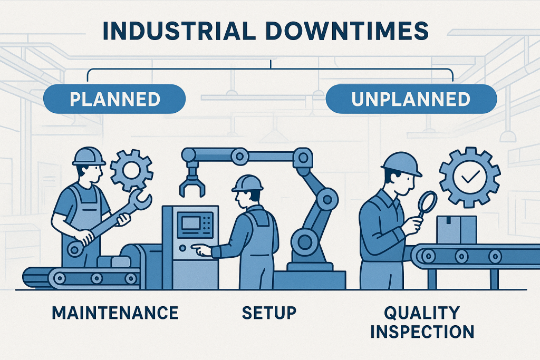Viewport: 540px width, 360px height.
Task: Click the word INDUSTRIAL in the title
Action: coord(179,31)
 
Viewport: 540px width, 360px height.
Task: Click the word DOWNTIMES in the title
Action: coord(348,31)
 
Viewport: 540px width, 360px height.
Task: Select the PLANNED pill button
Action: coord(114,99)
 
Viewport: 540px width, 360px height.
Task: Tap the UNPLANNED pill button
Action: coord(411,99)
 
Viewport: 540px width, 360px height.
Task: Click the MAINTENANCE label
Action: coord(115,313)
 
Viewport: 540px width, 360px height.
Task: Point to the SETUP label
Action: coord(269,313)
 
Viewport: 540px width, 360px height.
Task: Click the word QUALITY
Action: coord(422,313)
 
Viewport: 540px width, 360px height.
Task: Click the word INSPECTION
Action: coord(422,332)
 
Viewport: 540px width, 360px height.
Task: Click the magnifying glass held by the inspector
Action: coord(426,205)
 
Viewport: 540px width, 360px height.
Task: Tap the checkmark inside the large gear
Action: coord(470,177)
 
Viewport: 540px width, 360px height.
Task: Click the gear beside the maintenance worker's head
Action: coord(131,170)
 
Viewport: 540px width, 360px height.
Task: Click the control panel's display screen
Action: coord(191,222)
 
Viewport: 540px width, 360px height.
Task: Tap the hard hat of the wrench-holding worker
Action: coord(89,157)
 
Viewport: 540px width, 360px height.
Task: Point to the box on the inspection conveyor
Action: coord(457,230)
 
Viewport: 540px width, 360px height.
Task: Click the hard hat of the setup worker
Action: coord(247,183)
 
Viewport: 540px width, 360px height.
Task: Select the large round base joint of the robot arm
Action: coord(305,242)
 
